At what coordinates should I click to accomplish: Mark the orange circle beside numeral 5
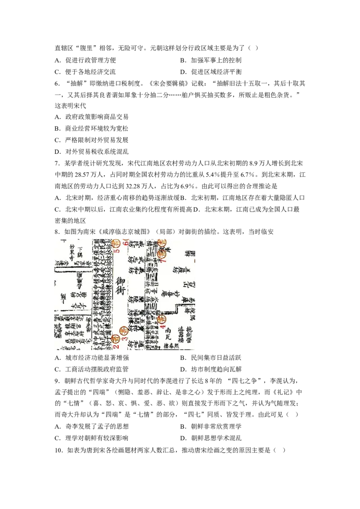pos(116,243)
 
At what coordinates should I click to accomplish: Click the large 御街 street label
pos(120,286)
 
